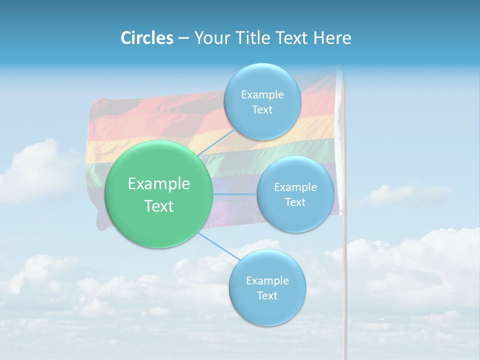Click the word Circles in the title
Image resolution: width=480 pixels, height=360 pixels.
[x=146, y=37]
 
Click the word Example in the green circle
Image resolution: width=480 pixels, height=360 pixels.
[x=159, y=184]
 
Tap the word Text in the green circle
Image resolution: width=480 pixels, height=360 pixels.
[x=159, y=206]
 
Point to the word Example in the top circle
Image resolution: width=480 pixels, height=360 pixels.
[x=262, y=94]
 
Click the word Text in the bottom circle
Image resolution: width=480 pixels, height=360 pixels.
[x=267, y=295]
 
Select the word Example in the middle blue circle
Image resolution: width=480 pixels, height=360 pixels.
[x=295, y=187]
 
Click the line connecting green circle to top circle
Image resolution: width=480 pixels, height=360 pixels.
[x=216, y=142]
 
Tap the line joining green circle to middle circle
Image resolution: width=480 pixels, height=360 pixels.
[x=235, y=194]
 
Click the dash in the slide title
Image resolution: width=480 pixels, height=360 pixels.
[x=183, y=37]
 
